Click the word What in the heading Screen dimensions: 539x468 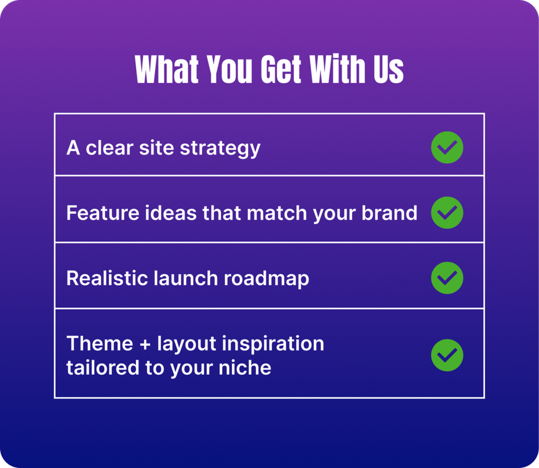167,69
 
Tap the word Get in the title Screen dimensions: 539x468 281,69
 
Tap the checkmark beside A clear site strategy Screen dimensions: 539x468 447,147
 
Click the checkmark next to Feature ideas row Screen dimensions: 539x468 447,213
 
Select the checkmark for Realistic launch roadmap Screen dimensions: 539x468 447,278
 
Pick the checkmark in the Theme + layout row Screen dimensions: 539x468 447,355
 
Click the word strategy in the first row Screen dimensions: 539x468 220,149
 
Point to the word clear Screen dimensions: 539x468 109,148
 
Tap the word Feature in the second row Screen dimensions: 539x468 103,213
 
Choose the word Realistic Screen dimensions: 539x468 107,278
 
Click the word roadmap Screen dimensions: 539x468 266,279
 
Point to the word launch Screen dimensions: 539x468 186,278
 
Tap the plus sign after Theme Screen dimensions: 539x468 145,344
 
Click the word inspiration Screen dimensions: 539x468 275,344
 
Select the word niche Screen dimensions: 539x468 245,367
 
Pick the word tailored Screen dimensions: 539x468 103,367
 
